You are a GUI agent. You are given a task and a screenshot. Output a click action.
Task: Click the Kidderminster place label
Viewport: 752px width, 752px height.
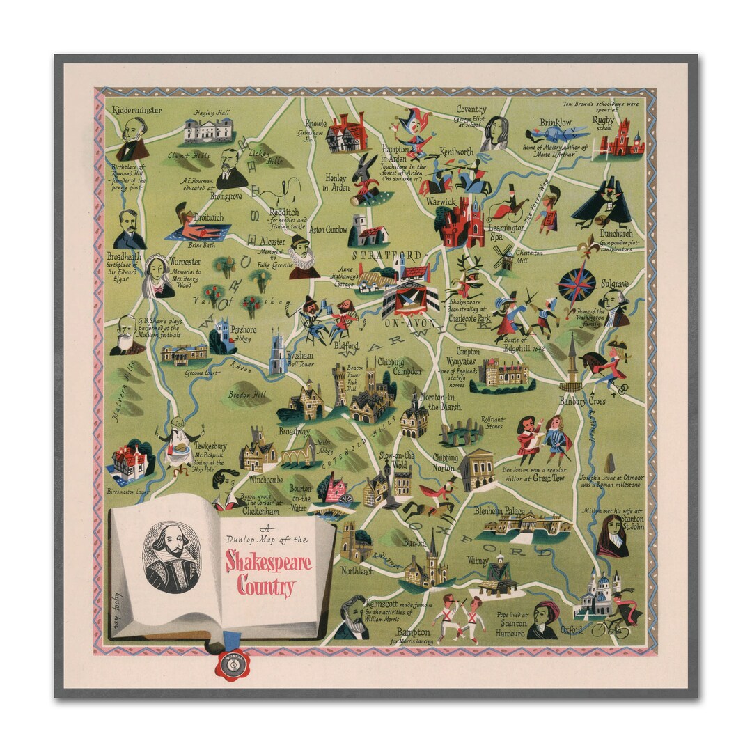point(137,110)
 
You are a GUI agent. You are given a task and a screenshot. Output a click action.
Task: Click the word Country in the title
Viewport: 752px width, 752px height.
point(266,586)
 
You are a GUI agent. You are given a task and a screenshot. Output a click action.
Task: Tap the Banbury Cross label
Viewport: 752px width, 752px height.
point(582,402)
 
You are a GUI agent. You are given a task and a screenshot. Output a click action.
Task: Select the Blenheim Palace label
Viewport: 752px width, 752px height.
point(499,511)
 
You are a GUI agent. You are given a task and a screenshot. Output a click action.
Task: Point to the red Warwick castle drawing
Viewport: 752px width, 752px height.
point(460,223)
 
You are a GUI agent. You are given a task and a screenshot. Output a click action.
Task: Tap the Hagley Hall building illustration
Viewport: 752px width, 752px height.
point(208,130)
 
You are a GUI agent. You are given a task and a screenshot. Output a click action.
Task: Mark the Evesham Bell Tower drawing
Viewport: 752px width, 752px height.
point(277,354)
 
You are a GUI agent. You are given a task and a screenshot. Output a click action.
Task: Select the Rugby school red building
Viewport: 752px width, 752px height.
point(622,139)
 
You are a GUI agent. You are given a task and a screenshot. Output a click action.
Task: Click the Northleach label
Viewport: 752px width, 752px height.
point(357,571)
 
